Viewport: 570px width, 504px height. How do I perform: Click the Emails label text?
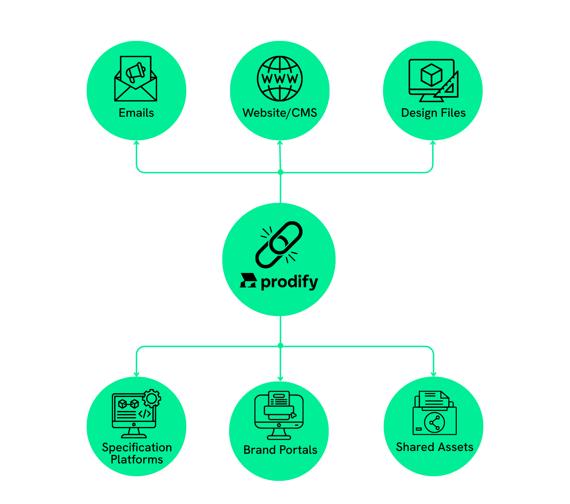point(136,113)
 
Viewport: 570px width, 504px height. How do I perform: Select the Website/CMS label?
point(280,113)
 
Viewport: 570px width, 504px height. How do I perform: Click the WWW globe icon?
point(280,79)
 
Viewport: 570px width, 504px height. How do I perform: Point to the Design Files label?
point(433,113)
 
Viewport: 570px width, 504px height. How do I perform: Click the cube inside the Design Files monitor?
point(431,75)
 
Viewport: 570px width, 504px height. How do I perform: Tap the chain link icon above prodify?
point(279,245)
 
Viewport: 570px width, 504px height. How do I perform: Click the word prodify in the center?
point(289,282)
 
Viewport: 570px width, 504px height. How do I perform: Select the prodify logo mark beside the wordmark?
point(248,280)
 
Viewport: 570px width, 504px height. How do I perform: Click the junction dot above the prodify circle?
point(280,172)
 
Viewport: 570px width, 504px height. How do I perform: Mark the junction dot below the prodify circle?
point(280,346)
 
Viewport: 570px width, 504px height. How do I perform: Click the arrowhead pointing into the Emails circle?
point(136,143)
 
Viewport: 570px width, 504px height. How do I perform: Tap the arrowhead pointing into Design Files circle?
point(433,143)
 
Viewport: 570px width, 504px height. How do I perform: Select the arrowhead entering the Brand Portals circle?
point(280,378)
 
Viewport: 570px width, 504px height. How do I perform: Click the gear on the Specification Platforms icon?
point(152,399)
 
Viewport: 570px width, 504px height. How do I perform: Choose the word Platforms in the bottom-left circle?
point(137,460)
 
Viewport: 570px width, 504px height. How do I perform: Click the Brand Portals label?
point(280,450)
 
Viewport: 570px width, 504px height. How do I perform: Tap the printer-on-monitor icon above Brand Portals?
point(279,415)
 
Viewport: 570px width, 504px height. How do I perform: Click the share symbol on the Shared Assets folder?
point(434,423)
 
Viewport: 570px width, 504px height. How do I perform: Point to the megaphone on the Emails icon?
point(136,72)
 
